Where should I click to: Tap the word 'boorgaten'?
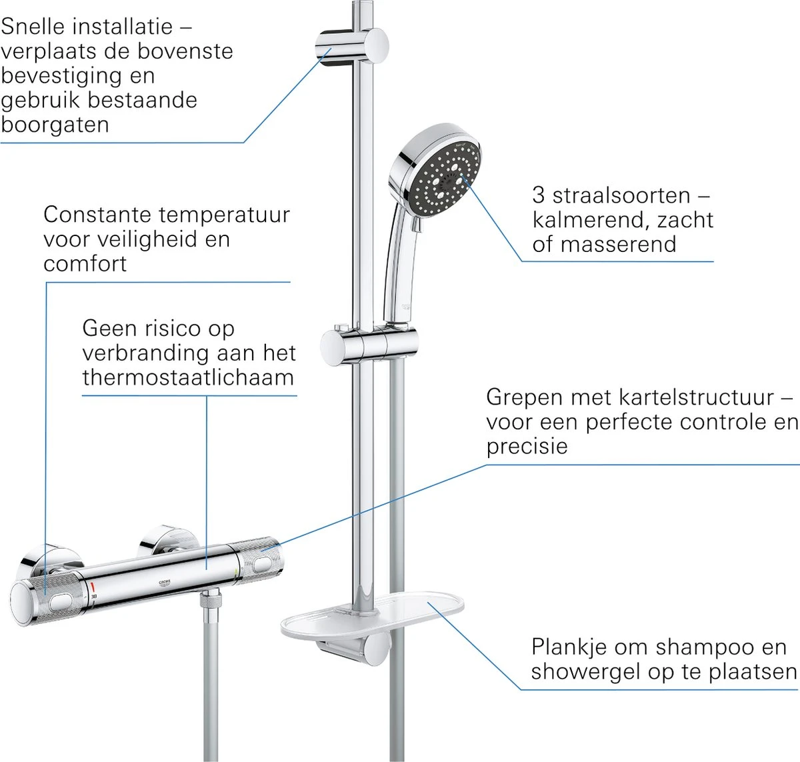coord(55,125)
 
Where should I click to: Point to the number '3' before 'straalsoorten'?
coord(539,195)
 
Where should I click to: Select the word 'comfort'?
coord(85,264)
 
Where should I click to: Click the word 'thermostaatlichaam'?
coord(188,377)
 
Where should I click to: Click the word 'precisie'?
coord(527,446)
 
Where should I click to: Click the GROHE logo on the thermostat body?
coord(164,582)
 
